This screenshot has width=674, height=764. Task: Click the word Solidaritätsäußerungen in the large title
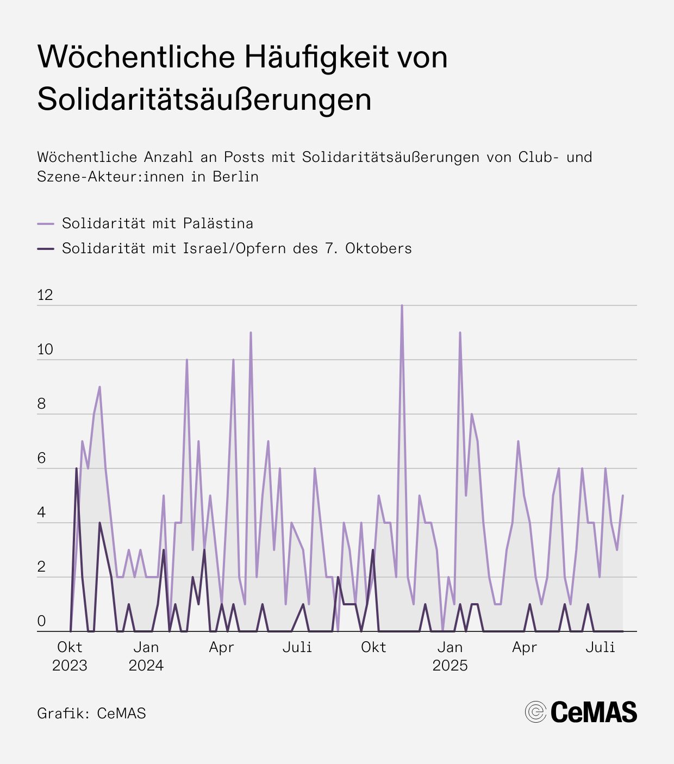point(204,99)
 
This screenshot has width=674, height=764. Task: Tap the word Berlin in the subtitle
point(235,177)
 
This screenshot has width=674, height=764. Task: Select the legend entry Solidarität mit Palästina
point(157,223)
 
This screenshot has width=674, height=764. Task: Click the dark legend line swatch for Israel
point(46,248)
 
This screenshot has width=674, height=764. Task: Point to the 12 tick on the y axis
point(45,295)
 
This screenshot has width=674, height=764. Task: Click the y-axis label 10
point(45,349)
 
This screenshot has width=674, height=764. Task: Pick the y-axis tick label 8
point(41,404)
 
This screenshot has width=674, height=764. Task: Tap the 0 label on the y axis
point(41,622)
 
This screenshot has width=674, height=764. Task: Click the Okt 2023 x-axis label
point(70,656)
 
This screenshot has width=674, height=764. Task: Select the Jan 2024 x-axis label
point(146,656)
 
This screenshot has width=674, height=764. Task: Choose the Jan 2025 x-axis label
point(450,656)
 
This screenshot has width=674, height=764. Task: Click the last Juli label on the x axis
point(601,647)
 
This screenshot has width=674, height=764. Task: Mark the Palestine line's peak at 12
point(402,306)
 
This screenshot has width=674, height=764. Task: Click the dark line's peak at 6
point(76,468)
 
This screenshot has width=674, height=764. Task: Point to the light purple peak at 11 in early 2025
point(460,333)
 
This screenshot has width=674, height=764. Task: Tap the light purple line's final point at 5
point(622,496)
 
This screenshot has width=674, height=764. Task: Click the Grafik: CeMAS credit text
point(91,713)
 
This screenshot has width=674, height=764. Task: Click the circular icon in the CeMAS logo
point(535,712)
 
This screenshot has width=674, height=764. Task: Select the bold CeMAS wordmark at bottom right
point(594,712)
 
